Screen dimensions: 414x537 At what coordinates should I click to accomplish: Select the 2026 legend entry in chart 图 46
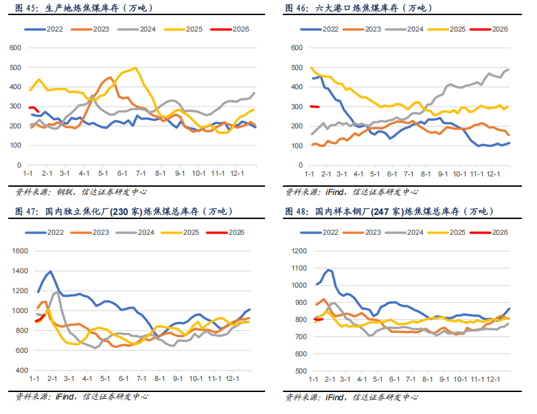click(x=492, y=29)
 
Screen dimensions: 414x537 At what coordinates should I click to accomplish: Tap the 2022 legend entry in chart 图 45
click(x=46, y=29)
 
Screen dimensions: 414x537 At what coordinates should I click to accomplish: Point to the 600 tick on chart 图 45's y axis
click(x=14, y=47)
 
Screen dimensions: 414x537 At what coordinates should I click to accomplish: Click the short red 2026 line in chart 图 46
click(x=315, y=106)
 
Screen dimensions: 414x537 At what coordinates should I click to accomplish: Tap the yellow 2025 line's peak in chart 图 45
click(x=135, y=67)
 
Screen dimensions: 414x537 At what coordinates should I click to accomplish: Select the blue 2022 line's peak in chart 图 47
click(x=50, y=272)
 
